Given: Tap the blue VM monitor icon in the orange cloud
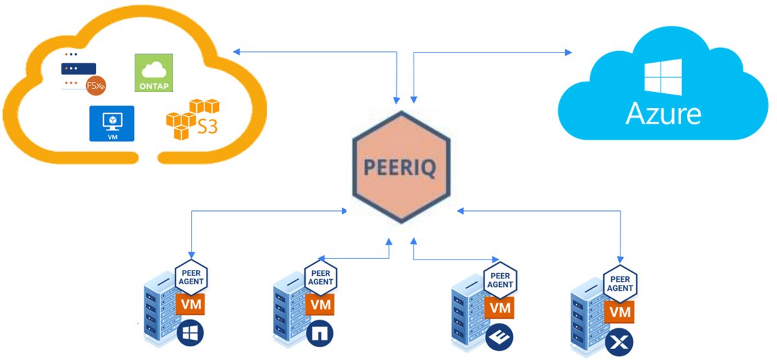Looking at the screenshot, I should tap(111, 123).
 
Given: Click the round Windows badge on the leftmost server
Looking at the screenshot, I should tap(190, 333).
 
